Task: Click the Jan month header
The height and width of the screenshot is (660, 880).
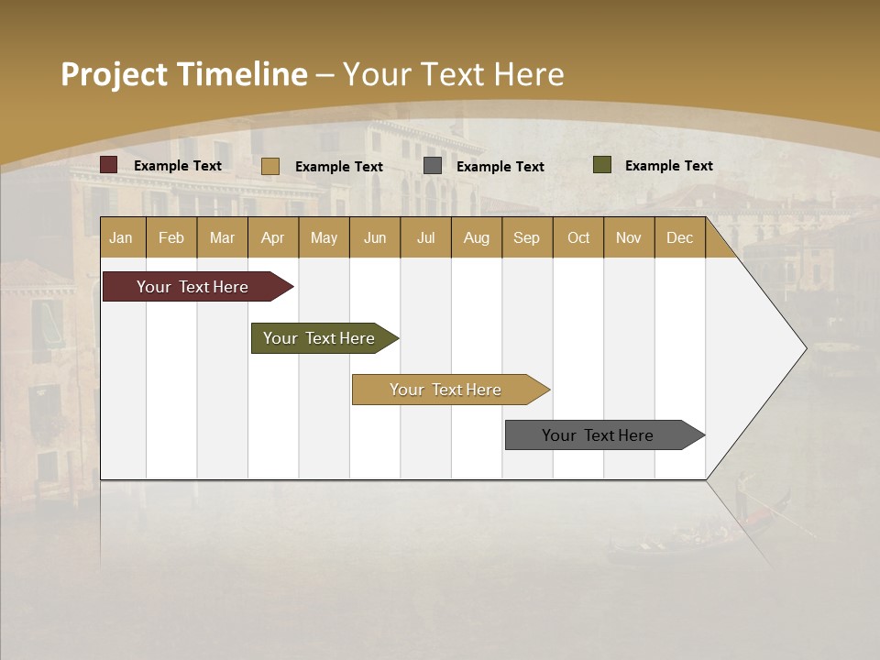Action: [122, 238]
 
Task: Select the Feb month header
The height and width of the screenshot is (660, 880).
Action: [171, 238]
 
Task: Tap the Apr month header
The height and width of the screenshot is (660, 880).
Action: [273, 238]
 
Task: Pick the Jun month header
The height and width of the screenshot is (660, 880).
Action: [375, 238]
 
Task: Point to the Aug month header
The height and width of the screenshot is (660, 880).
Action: [477, 238]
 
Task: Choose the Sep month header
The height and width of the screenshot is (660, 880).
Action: [527, 238]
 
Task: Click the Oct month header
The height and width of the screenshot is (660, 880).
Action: [578, 238]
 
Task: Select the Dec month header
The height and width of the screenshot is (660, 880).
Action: [680, 238]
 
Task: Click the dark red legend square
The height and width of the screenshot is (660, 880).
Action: [109, 165]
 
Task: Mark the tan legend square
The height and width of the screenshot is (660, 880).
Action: [270, 166]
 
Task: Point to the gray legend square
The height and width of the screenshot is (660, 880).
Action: [433, 166]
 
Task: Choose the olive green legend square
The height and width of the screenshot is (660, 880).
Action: [602, 165]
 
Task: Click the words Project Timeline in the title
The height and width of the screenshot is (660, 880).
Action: [184, 74]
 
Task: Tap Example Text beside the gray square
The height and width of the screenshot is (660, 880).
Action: [500, 167]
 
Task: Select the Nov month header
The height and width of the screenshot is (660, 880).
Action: [629, 238]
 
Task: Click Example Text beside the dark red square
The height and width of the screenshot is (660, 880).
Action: [178, 166]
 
